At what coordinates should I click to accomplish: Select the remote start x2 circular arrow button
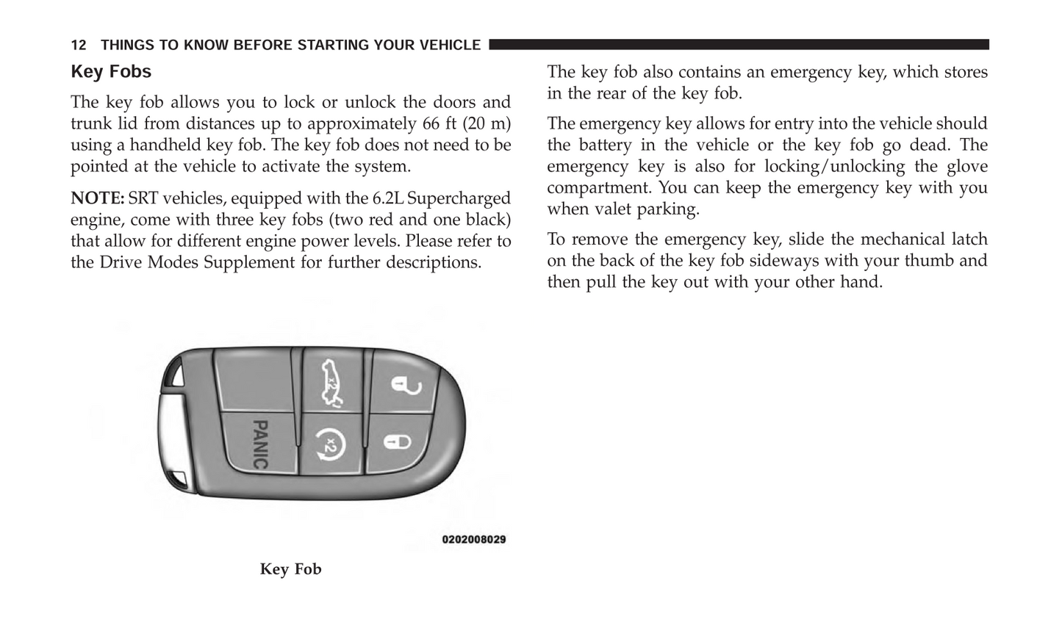[x=329, y=445]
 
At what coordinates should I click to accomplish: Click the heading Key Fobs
[x=111, y=72]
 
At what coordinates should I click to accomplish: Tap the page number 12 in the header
[x=79, y=46]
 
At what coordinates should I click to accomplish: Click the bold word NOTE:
[x=97, y=198]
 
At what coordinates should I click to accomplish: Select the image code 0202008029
[x=474, y=540]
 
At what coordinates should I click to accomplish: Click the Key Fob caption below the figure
[x=290, y=569]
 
